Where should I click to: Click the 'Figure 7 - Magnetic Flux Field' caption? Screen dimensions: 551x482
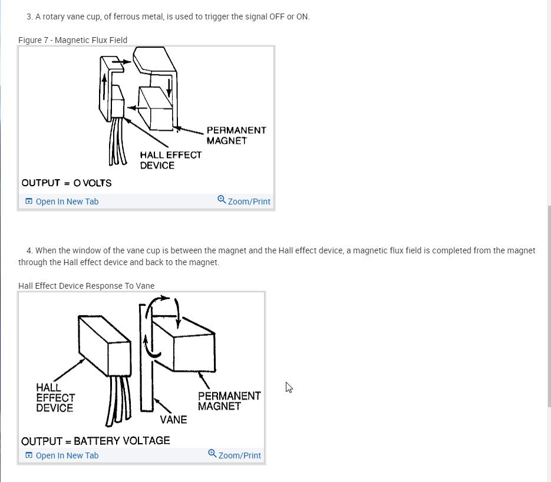(x=72, y=40)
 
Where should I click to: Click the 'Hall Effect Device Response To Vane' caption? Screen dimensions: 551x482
(x=87, y=286)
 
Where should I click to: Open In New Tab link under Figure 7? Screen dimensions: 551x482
(x=62, y=202)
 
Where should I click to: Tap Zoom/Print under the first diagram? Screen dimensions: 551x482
(x=244, y=201)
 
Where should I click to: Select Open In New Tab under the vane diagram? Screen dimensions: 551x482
(x=62, y=455)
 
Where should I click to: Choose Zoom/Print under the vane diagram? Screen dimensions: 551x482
(x=235, y=455)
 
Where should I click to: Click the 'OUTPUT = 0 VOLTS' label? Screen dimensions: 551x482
(x=67, y=183)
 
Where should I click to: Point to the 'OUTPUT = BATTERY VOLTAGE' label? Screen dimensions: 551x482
(x=95, y=441)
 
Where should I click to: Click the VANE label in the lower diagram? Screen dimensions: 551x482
(x=173, y=420)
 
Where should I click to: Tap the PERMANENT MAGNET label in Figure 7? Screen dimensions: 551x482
(x=236, y=136)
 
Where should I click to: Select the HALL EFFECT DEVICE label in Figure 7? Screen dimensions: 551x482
(x=171, y=160)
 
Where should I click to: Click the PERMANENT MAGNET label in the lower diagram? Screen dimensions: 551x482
(x=229, y=401)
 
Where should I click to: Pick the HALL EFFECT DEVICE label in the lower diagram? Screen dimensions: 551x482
(x=55, y=398)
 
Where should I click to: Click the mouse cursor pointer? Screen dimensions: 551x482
(x=289, y=387)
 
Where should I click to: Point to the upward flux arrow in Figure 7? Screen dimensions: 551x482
(x=104, y=87)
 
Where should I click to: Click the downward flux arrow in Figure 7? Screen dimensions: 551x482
(x=169, y=88)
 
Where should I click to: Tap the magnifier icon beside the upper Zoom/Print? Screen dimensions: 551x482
(x=222, y=200)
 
